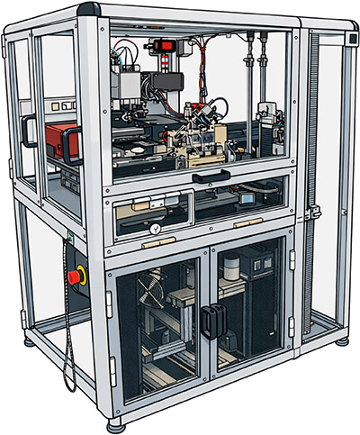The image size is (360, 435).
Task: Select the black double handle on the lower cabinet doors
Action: pyautogui.click(x=211, y=321)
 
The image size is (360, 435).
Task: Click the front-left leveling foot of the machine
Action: pyautogui.click(x=115, y=421)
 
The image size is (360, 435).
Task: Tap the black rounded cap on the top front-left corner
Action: pyautogui.click(x=88, y=10)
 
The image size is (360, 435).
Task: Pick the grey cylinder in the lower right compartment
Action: pyautogui.click(x=231, y=267)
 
